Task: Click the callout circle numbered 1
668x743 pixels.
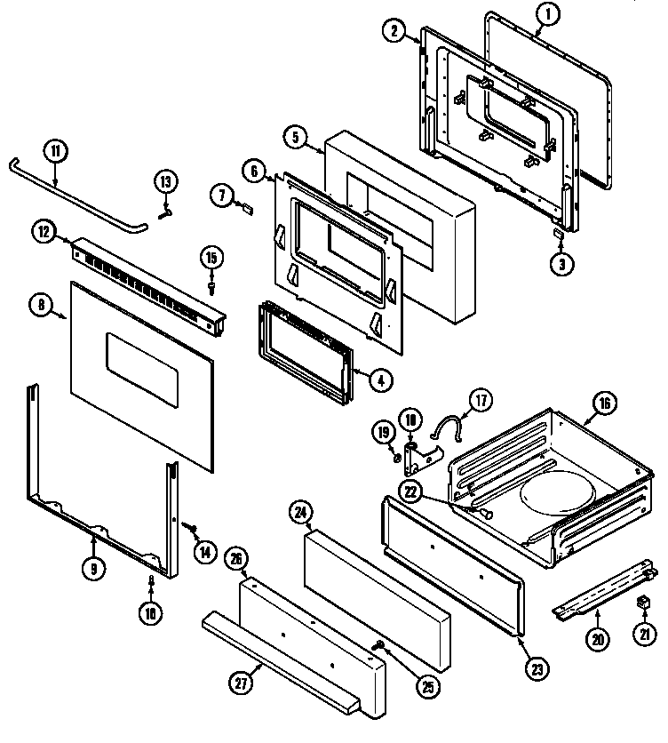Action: click(x=548, y=14)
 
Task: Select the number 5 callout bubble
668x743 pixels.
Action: click(x=296, y=137)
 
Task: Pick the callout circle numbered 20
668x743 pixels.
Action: click(x=598, y=638)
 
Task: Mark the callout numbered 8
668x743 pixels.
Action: click(x=41, y=305)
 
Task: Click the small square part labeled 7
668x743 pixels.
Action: click(x=246, y=210)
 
